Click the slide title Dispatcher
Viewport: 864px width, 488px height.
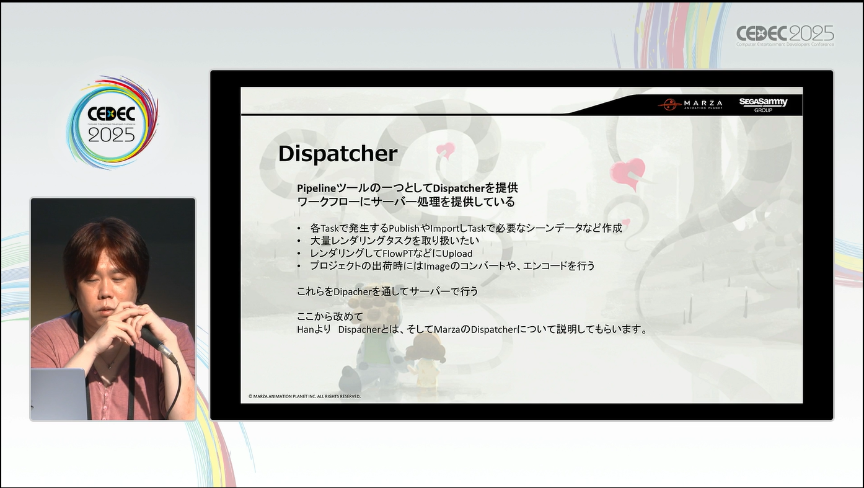338,154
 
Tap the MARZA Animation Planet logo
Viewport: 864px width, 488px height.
690,104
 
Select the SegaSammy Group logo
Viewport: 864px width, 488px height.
763,105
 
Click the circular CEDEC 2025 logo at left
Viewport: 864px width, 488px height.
112,122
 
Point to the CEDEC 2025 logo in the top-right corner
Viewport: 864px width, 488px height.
785,36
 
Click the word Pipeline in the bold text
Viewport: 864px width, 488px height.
316,189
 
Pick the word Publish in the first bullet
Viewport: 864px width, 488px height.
404,228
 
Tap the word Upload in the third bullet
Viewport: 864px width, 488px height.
457,254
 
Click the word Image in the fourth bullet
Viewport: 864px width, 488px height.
436,266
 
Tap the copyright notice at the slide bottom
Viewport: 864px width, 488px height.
304,396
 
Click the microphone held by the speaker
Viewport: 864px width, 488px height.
159,344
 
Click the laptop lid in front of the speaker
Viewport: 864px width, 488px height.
59,394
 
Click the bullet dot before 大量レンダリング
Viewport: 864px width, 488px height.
299,241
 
